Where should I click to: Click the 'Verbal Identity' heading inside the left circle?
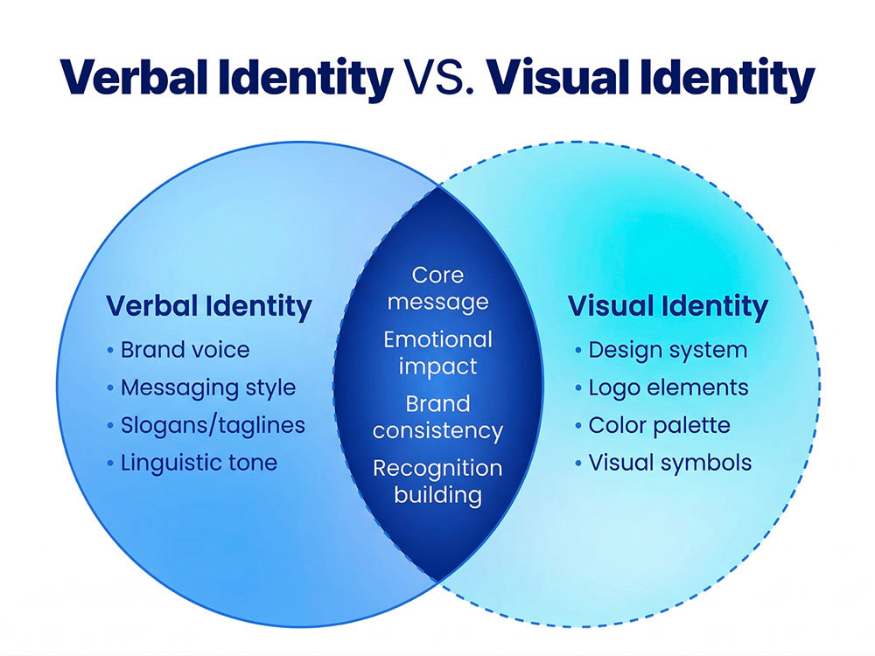[x=209, y=307]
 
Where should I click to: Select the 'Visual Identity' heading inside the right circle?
[x=668, y=307]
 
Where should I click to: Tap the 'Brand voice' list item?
[x=185, y=351]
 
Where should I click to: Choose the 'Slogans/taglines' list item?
[x=213, y=426]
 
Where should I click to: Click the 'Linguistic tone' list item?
[x=199, y=463]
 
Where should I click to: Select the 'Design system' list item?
[x=668, y=351]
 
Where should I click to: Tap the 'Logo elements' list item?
[x=668, y=388]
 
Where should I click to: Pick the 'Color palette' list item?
[x=660, y=426]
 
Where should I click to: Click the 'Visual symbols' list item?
[x=670, y=463]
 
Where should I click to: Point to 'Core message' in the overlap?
[x=438, y=289]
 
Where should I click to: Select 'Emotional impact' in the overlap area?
[x=438, y=353]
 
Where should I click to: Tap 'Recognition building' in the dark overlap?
[x=438, y=482]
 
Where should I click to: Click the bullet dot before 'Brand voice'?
[x=110, y=351]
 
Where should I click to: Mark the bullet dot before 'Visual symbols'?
[x=578, y=463]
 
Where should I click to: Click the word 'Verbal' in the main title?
[x=135, y=77]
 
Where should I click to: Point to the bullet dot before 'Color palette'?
[x=578, y=426]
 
